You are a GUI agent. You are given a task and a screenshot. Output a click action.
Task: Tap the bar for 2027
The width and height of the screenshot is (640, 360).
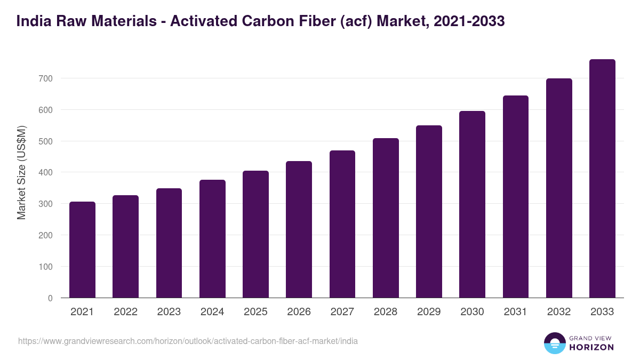pos(342,224)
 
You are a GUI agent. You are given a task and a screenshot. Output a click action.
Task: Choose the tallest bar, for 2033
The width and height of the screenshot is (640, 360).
pos(602,179)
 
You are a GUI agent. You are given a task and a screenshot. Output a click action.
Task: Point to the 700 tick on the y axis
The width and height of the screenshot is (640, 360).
pos(46,78)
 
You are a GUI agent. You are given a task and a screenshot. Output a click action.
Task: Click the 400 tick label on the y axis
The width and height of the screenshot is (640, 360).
pos(46,172)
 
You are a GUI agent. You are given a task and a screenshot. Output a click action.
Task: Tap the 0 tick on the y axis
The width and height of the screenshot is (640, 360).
pos(50,298)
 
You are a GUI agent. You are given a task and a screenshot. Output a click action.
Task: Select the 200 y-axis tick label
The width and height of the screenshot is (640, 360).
pos(46,235)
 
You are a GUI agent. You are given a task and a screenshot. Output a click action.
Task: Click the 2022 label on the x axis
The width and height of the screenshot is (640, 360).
pos(125,312)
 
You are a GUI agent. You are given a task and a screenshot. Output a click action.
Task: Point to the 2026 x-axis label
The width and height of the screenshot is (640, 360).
pos(299,312)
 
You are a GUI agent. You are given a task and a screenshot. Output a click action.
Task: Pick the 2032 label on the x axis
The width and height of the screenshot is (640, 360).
pos(559,312)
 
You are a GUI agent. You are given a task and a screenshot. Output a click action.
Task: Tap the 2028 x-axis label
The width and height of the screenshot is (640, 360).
pos(386,312)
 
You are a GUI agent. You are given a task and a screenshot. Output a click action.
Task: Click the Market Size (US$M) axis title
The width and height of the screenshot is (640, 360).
pos(21,172)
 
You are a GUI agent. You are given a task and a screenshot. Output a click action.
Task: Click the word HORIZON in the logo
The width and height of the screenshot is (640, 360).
pos(591,347)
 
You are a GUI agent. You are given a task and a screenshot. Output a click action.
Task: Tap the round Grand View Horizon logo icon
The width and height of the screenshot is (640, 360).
pos(554,343)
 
